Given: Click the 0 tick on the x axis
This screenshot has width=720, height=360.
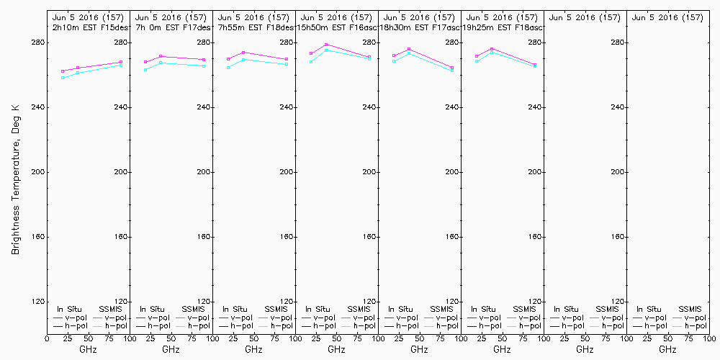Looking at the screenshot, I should coord(48,338).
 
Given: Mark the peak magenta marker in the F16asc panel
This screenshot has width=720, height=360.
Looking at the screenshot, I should coord(326,45).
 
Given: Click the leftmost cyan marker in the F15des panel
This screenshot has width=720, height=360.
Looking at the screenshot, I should coord(63,77).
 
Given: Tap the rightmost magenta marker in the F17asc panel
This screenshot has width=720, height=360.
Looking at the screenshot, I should coord(452,68).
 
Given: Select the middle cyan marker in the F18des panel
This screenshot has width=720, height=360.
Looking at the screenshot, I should coord(243,59).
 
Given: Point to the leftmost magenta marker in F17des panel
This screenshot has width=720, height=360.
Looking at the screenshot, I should coord(145,62).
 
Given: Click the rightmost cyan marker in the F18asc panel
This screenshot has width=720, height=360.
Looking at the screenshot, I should coord(535,66).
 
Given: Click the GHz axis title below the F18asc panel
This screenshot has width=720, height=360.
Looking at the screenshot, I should coord(502,349).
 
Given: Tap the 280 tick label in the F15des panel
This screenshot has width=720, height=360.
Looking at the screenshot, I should coord(120,42).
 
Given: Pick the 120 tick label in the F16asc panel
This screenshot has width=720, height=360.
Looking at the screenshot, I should coord(368,302).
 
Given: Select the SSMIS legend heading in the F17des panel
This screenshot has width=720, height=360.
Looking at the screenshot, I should coord(193,310).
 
